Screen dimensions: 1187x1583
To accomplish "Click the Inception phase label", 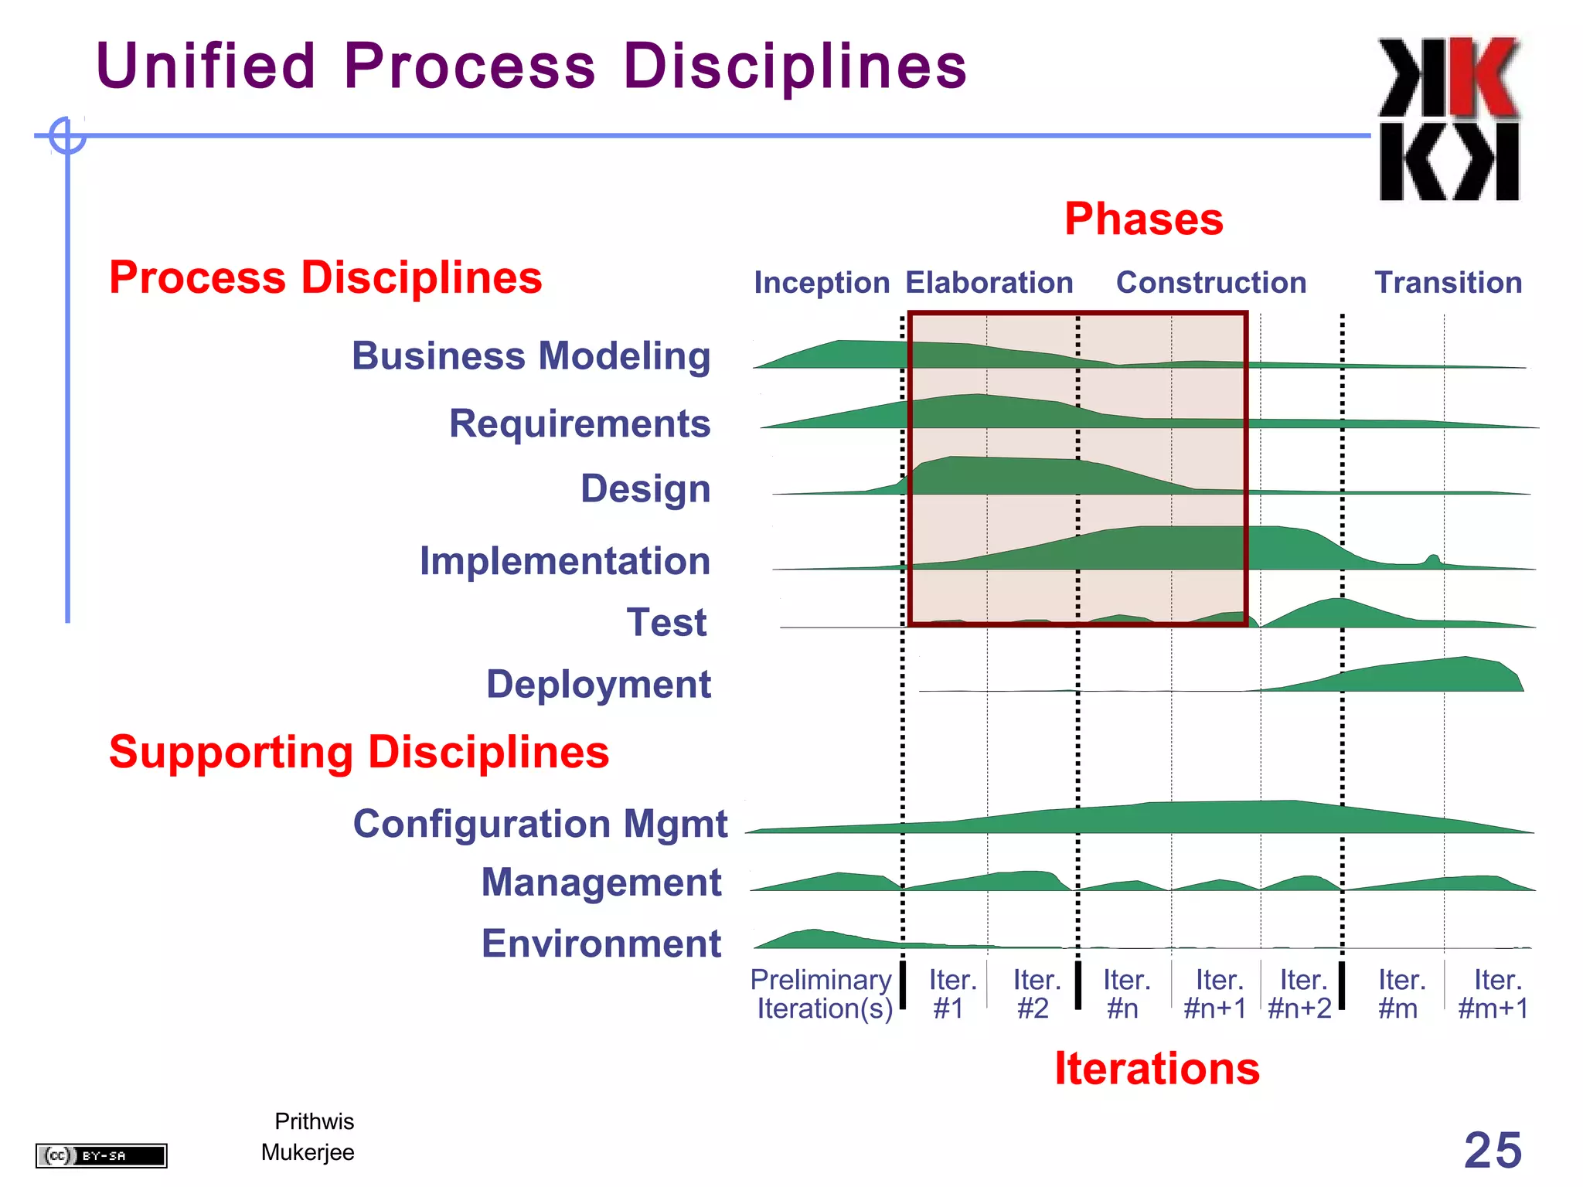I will pyautogui.click(x=822, y=283).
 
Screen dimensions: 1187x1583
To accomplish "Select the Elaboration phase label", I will pyautogui.click(x=989, y=283).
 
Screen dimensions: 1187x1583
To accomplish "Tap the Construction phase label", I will pyautogui.click(x=1210, y=283).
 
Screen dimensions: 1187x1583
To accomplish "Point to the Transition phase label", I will pyautogui.click(x=1448, y=283).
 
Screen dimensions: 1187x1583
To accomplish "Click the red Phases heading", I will pyautogui.click(x=1143, y=219).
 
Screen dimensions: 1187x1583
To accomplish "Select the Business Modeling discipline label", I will pyautogui.click(x=531, y=356).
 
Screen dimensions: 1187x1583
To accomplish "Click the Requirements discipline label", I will pyautogui.click(x=580, y=423).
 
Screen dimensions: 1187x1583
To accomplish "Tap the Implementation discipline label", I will pyautogui.click(x=564, y=561).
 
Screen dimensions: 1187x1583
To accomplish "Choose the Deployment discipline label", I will pyautogui.click(x=598, y=685).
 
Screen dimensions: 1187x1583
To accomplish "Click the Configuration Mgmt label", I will pyautogui.click(x=540, y=824).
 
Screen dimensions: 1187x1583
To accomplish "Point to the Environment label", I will pyautogui.click(x=601, y=944).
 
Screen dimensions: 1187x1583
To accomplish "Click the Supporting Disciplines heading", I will pyautogui.click(x=359, y=752).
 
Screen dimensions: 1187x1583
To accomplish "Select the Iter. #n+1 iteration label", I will pyautogui.click(x=1216, y=995).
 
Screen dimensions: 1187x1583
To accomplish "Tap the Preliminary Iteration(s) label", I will pyautogui.click(x=822, y=995).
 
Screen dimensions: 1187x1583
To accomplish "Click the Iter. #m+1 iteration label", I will pyautogui.click(x=1493, y=995).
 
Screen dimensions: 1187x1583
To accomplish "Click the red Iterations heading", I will pyautogui.click(x=1157, y=1069).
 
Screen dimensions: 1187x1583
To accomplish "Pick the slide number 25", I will pyautogui.click(x=1493, y=1151).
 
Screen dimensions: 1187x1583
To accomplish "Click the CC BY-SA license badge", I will pyautogui.click(x=101, y=1156).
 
